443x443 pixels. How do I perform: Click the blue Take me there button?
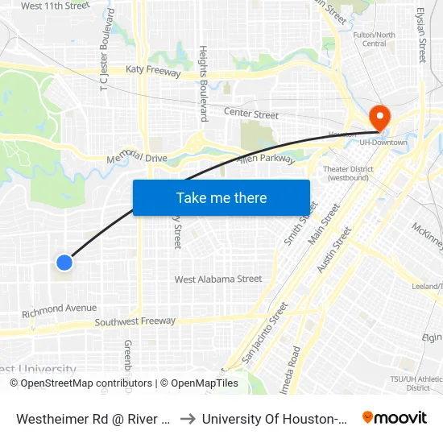point(221,197)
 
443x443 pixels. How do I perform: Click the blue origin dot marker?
point(65,262)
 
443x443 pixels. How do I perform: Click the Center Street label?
point(250,114)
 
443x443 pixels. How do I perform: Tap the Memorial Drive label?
point(137,158)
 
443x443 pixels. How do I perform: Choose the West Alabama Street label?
point(218,279)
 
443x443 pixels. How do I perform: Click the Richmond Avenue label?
point(60,308)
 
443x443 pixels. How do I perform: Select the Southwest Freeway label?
point(135,321)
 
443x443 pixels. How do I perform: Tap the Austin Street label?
point(334,250)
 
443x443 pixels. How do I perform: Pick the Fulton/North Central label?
point(375,39)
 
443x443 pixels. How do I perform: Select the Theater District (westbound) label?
point(346,173)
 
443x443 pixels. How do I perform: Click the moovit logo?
point(394,418)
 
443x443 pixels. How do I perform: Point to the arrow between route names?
point(186,419)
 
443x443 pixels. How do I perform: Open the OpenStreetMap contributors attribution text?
point(81,383)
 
